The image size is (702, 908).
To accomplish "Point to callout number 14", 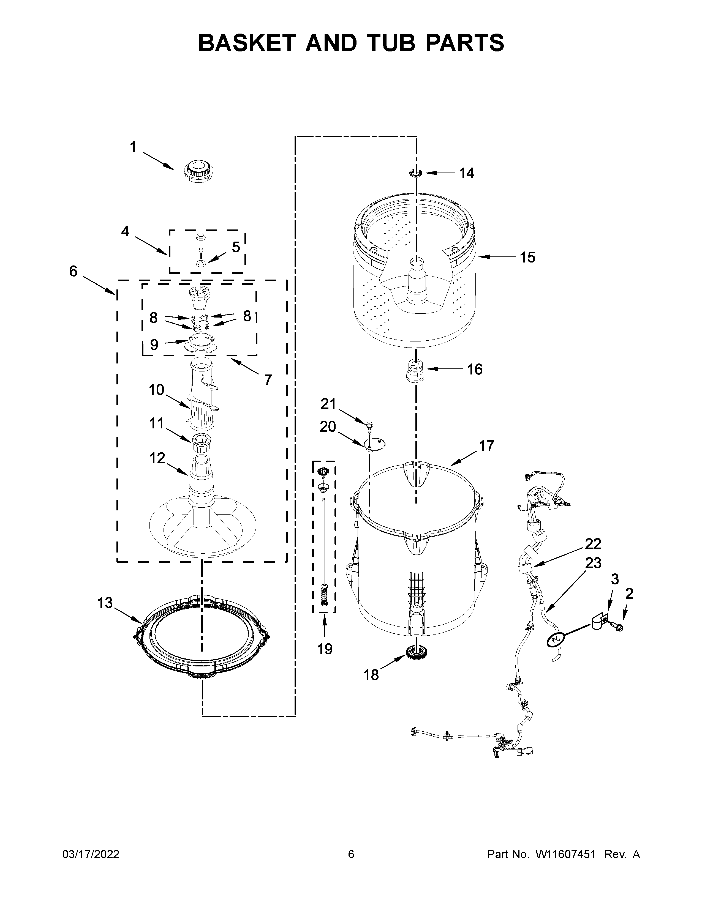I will pyautogui.click(x=467, y=173).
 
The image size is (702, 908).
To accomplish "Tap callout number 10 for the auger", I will pyautogui.click(x=156, y=390).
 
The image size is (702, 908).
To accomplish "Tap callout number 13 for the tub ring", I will pyautogui.click(x=105, y=602).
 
